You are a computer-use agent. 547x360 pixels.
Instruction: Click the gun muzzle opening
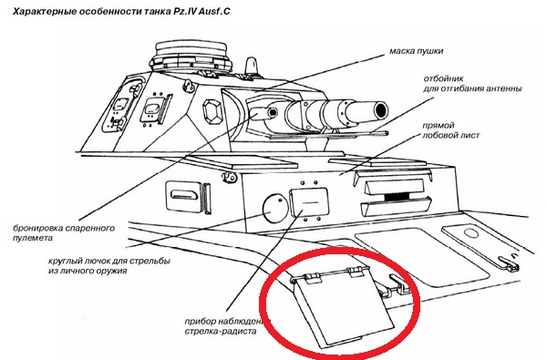(x=381, y=110)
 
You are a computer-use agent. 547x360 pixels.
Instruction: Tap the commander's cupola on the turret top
(x=191, y=57)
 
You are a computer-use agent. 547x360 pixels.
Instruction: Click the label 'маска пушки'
(x=417, y=51)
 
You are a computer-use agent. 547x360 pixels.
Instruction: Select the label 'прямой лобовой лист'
(x=450, y=130)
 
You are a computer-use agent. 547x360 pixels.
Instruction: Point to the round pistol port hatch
(x=275, y=209)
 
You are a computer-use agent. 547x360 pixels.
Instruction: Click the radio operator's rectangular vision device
(x=309, y=202)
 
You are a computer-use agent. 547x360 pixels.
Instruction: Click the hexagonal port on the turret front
(x=213, y=111)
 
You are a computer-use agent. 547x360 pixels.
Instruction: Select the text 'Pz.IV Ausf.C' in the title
(x=201, y=12)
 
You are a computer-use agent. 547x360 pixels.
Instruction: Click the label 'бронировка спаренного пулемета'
(x=64, y=233)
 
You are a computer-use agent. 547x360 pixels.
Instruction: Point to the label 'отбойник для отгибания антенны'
(x=472, y=84)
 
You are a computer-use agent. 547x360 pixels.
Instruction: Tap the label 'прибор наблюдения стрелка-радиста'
(x=228, y=326)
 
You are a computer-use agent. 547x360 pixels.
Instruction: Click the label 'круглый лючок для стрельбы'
(x=109, y=261)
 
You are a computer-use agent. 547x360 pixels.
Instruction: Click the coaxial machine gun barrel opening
(x=273, y=112)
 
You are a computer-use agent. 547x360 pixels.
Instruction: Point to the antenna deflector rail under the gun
(x=328, y=135)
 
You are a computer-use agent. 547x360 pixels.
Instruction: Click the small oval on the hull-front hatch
(x=470, y=233)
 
